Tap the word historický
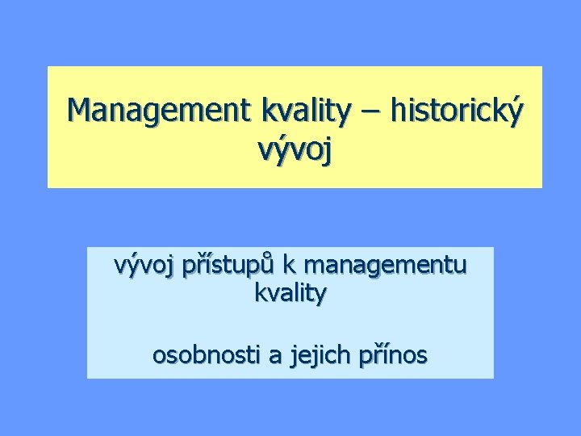coord(457,111)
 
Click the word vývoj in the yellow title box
coord(295,150)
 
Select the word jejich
coord(305,355)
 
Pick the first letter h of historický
coord(398,110)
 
